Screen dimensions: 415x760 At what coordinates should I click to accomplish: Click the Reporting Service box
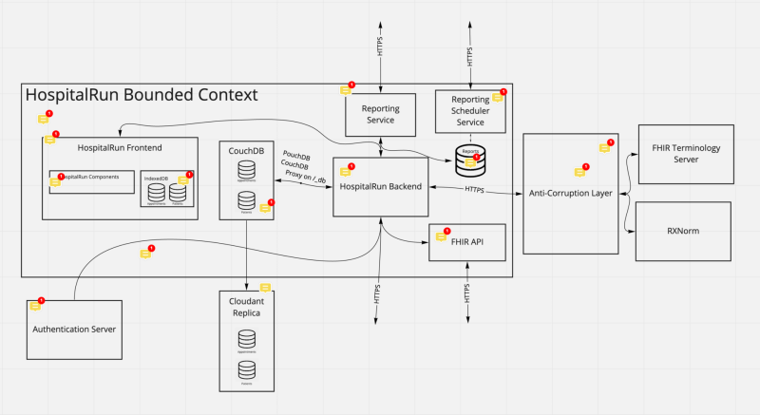click(380, 114)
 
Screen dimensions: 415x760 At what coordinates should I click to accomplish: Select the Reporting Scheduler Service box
click(470, 114)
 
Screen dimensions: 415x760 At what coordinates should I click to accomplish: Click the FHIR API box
click(465, 243)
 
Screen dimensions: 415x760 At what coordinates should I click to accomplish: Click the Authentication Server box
click(75, 330)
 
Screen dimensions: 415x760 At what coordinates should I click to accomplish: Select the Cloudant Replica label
click(247, 306)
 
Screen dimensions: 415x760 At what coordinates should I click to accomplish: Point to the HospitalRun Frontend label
click(120, 147)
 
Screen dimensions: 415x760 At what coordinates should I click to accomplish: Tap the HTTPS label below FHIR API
click(467, 293)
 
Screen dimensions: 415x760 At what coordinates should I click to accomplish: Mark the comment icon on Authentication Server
click(35, 306)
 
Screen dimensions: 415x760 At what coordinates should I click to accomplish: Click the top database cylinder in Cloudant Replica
click(247, 337)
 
